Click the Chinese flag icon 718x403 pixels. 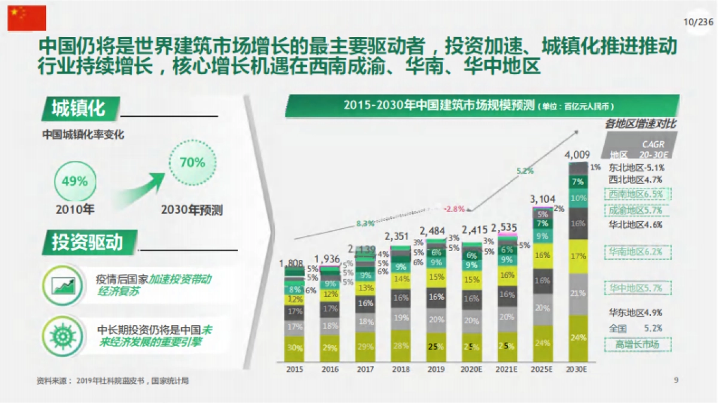pyautogui.click(x=26, y=18)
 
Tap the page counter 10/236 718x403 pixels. pyautogui.click(x=698, y=22)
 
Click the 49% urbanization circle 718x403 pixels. pyautogui.click(x=75, y=181)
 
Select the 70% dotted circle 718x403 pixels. pyautogui.click(x=191, y=162)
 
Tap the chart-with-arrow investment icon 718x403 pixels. pyautogui.click(x=63, y=285)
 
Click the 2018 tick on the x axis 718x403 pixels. pyautogui.click(x=401, y=369)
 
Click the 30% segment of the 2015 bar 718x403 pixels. pyautogui.click(x=294, y=348)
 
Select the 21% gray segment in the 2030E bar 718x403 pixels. pyautogui.click(x=578, y=293)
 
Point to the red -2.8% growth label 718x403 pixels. pyautogui.click(x=454, y=209)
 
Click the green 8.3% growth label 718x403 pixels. pyautogui.click(x=365, y=223)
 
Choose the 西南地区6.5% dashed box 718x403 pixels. pyautogui.click(x=637, y=195)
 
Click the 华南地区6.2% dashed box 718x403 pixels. pyautogui.click(x=637, y=252)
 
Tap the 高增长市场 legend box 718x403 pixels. pyautogui.click(x=637, y=344)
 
